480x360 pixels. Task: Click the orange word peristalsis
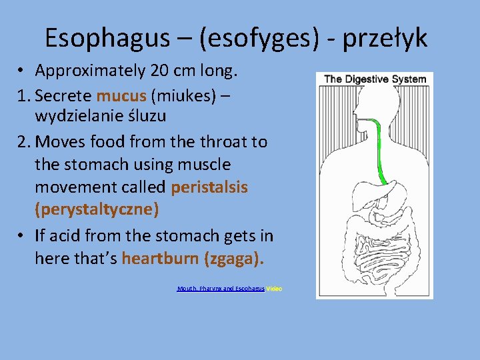[209, 187]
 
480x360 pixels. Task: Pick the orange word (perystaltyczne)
[97, 210]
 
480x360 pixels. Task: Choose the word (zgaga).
[230, 258]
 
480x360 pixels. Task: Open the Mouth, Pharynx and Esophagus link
[221, 289]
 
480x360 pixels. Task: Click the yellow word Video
[274, 289]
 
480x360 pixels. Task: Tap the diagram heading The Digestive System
[375, 79]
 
